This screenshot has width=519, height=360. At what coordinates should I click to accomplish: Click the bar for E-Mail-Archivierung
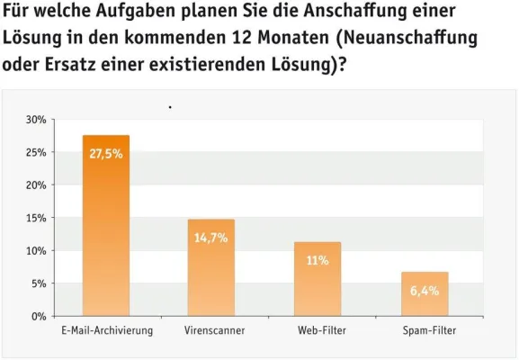106,225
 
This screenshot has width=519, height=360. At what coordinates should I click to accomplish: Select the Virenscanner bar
211,267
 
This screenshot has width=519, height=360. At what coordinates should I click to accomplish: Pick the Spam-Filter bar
425,293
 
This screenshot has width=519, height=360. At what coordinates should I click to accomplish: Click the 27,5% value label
106,154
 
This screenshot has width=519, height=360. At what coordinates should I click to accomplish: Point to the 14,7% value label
211,238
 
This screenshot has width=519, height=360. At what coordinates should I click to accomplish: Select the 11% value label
318,261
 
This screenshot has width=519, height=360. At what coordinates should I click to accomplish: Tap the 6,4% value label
425,291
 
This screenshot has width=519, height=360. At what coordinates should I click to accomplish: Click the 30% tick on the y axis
36,120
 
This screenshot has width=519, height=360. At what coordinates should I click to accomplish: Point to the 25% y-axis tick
36,152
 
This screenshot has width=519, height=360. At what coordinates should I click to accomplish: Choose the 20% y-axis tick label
36,185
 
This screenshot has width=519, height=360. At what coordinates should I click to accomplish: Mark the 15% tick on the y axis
36,218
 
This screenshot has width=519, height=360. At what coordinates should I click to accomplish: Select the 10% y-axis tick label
36,251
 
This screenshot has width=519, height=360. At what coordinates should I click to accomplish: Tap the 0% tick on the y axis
40,317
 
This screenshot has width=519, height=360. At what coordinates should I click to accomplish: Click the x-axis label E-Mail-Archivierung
107,331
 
